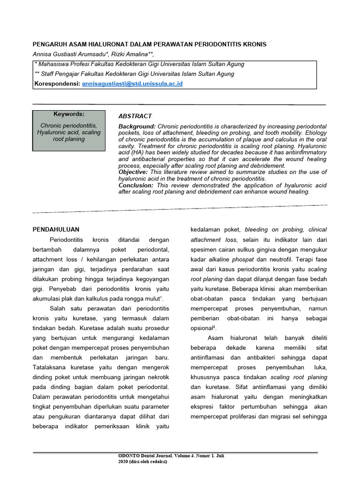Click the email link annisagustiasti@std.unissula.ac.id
click(132, 84)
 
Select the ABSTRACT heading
click(135, 116)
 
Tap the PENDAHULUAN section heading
click(56, 229)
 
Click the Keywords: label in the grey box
click(69, 114)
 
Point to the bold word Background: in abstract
click(137, 127)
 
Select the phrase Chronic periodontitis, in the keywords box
click(69, 126)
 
